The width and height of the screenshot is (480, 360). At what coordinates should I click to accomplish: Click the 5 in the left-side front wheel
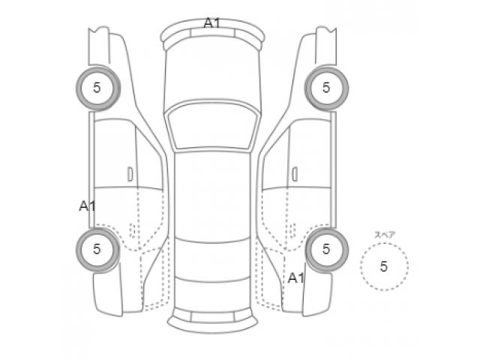[x=97, y=88]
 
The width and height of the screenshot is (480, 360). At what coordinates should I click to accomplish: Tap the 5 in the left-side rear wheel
[x=97, y=249]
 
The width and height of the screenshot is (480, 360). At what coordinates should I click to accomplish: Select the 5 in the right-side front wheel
[x=326, y=88]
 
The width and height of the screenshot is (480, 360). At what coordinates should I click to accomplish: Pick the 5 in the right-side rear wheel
[x=326, y=249]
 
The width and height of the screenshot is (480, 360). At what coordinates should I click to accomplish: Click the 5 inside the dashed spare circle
[x=384, y=267]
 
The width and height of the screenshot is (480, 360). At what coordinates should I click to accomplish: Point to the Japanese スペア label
[x=385, y=235]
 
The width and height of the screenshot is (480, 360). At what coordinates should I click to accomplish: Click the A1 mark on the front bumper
[x=211, y=23]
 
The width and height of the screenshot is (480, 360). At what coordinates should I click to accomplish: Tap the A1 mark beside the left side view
[x=87, y=206]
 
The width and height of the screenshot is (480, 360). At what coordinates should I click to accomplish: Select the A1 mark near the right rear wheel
[x=296, y=278]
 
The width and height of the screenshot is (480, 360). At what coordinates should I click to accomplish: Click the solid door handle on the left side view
[x=130, y=174]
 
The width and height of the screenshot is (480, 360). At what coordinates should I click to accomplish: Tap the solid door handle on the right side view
[x=295, y=174]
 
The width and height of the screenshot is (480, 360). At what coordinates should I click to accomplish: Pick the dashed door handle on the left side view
[x=133, y=230]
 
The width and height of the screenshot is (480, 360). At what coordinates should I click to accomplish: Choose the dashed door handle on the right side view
[x=292, y=230]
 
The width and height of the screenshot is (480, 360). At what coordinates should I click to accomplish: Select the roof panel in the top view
[x=212, y=196]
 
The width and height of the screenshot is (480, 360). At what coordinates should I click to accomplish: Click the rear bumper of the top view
[x=212, y=322]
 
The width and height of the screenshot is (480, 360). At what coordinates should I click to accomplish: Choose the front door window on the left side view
[x=149, y=162]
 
